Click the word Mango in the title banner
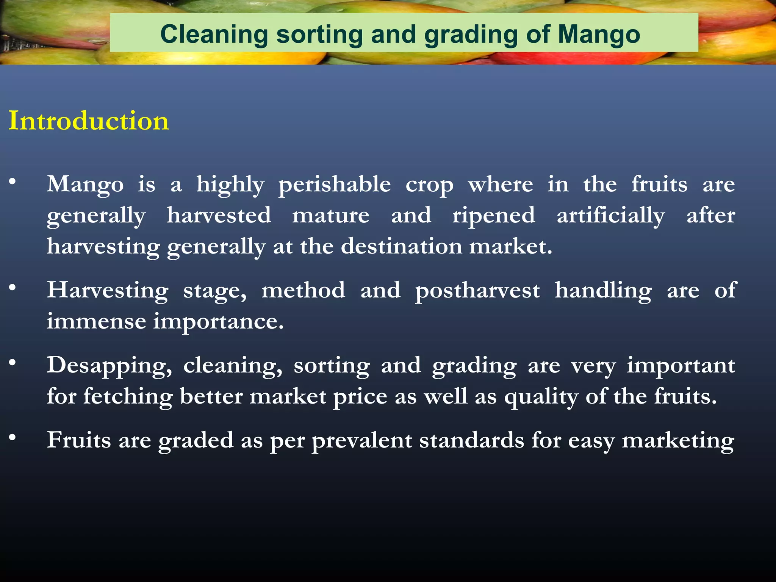point(599,35)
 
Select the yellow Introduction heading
point(89,121)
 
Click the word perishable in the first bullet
point(335,185)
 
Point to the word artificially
point(610,216)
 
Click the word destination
point(401,247)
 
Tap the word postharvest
point(477,291)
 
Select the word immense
point(96,322)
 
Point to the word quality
point(541,397)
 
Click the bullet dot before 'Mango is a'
point(13,182)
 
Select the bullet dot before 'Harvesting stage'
point(13,288)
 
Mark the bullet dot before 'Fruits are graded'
point(13,438)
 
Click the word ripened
point(494,216)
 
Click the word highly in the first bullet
point(230,185)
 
